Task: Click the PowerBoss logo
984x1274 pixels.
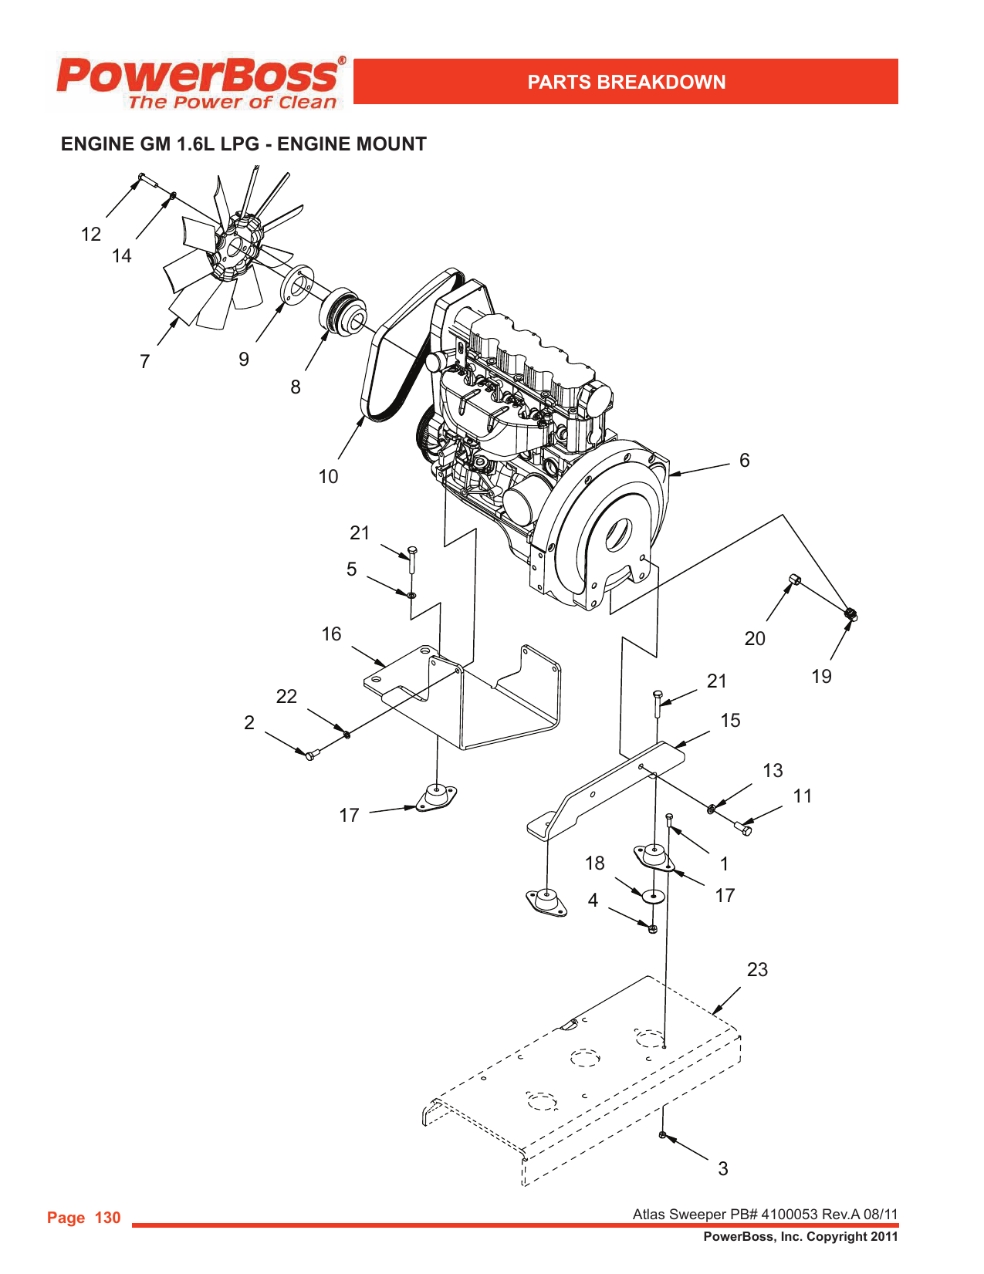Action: point(199,81)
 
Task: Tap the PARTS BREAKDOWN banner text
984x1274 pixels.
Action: point(626,82)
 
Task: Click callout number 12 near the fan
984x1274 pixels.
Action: point(91,235)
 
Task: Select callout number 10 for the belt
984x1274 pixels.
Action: point(328,477)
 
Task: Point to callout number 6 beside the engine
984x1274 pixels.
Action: point(744,461)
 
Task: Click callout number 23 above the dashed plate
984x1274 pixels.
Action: point(757,970)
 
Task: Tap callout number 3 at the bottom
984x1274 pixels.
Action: point(723,1169)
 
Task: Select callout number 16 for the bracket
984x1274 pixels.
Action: point(331,634)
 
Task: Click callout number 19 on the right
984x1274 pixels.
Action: point(821,677)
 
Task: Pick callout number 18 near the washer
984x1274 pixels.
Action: point(594,863)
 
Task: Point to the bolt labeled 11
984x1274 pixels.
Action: point(743,829)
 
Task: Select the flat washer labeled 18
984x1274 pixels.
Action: point(653,897)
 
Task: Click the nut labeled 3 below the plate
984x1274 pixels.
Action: point(663,1134)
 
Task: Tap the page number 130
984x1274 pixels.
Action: point(107,1218)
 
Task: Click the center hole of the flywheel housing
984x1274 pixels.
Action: point(618,535)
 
